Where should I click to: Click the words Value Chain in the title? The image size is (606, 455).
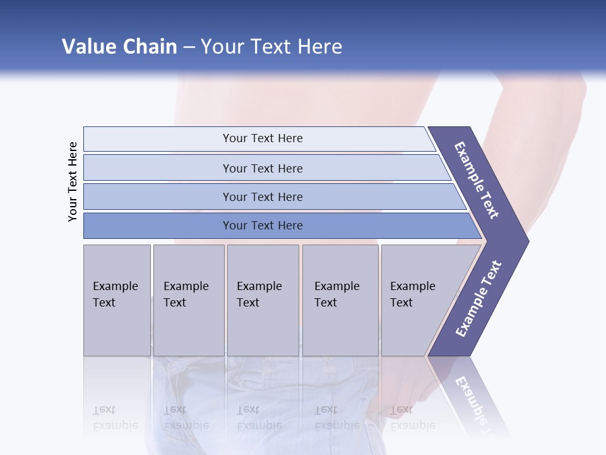coord(119,47)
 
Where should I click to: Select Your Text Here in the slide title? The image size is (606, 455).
coord(271,47)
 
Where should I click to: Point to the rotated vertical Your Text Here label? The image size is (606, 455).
coord(73,181)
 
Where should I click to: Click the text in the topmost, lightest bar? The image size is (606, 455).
coord(263,138)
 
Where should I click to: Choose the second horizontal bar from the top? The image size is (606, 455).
coord(263,168)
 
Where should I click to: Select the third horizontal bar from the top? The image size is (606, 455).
coord(263,197)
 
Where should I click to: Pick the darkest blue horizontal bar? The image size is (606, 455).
coord(263,226)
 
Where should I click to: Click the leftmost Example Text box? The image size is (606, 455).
coord(117,300)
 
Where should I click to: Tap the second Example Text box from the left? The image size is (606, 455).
coord(188,300)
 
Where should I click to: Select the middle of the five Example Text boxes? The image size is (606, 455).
coord(263,300)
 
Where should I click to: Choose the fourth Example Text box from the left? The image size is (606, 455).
coord(340,300)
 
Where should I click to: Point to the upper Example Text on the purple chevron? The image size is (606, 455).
coord(477,180)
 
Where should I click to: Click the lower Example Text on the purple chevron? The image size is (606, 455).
coord(478,298)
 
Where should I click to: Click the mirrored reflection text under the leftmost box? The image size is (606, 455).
coord(116,417)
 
